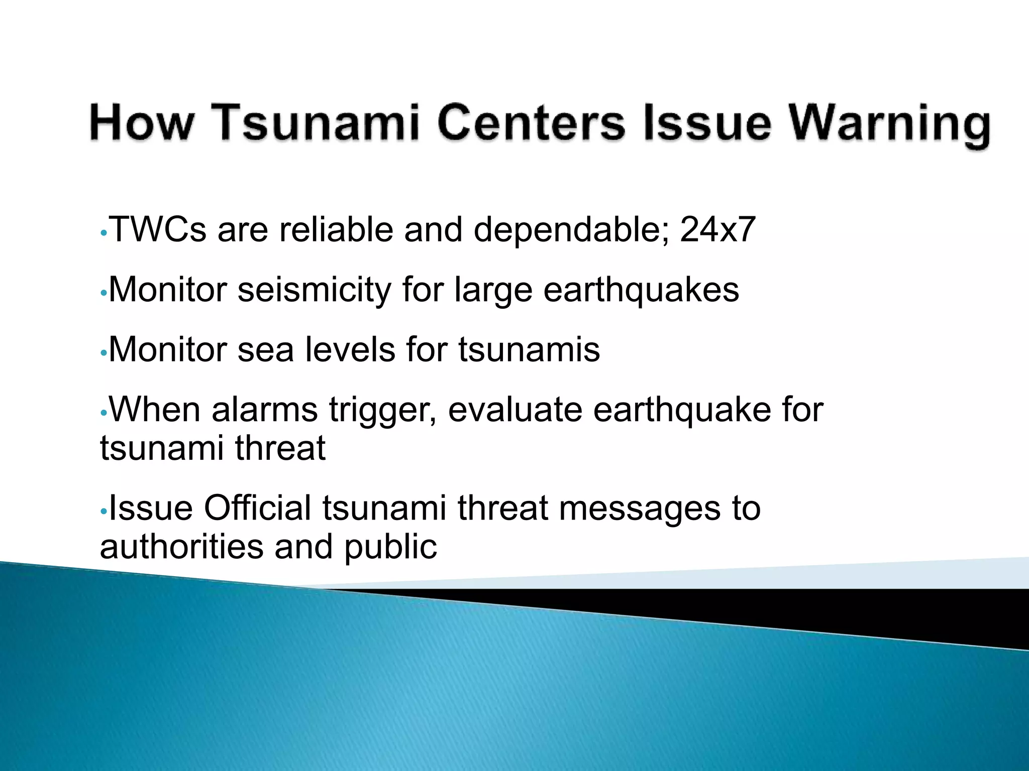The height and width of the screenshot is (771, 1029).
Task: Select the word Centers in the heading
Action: click(531, 123)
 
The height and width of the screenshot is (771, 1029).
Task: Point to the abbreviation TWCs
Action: click(158, 230)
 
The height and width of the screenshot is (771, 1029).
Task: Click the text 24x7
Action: click(717, 230)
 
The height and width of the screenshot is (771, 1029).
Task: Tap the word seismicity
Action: click(314, 290)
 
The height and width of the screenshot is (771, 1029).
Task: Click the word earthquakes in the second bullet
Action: click(641, 290)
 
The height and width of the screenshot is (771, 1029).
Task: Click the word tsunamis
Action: click(529, 349)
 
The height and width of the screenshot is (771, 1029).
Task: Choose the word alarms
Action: click(265, 410)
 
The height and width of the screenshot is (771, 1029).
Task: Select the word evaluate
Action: click(514, 410)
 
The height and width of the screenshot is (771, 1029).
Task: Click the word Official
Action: click(257, 508)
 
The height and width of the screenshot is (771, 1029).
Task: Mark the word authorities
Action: click(181, 546)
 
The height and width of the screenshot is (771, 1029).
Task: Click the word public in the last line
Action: click(390, 547)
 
